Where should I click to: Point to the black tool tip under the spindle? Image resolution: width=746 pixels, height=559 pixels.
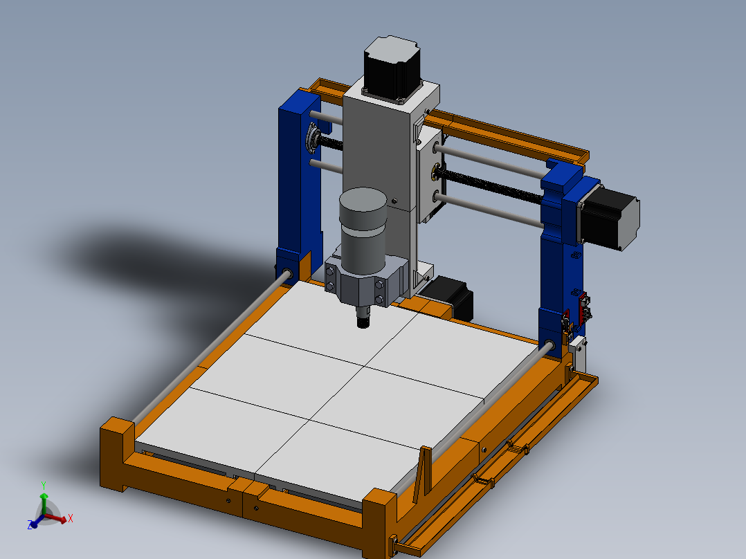coord(363,321)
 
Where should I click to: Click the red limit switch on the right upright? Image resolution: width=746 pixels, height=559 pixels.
coord(583,307)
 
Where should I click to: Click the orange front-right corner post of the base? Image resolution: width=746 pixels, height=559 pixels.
coord(379,522)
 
